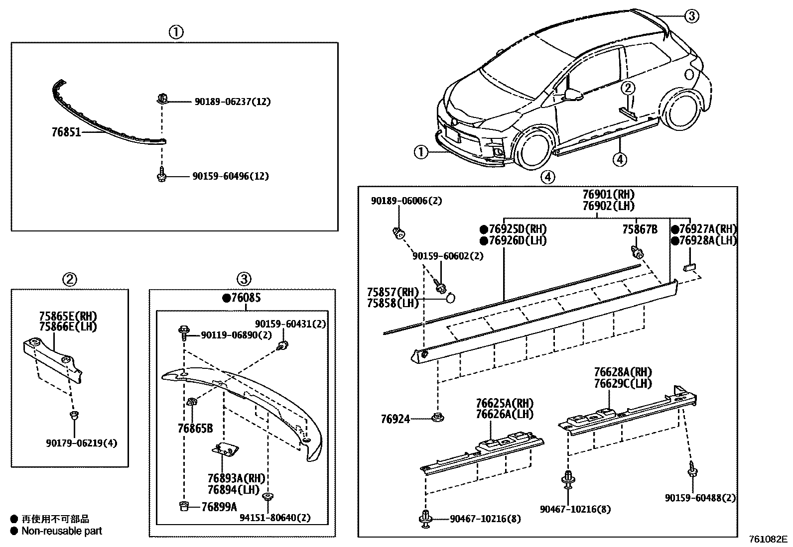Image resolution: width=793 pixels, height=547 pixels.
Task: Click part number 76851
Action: [x=66, y=133]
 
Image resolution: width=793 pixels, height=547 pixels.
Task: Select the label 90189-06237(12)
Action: [x=232, y=102]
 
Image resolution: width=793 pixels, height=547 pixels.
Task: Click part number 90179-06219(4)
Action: [x=81, y=443]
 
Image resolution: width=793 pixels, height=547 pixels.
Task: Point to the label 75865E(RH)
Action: [x=68, y=316]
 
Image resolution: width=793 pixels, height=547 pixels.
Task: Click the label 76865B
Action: [x=195, y=428]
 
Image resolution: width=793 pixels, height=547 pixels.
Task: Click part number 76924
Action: [x=396, y=420]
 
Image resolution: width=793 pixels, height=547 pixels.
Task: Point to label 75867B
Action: [x=640, y=229]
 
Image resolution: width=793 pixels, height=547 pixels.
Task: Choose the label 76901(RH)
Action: [x=609, y=194]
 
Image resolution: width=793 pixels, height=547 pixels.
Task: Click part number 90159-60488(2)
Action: [x=700, y=498]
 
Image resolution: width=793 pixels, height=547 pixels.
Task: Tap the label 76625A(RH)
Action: [x=504, y=403]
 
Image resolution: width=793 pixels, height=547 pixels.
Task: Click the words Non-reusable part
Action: [x=61, y=531]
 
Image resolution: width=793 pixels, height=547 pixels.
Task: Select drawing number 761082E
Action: [x=768, y=540]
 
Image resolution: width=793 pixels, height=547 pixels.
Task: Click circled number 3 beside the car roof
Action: [x=691, y=16]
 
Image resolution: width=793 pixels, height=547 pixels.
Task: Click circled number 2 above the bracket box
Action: [x=69, y=279]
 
